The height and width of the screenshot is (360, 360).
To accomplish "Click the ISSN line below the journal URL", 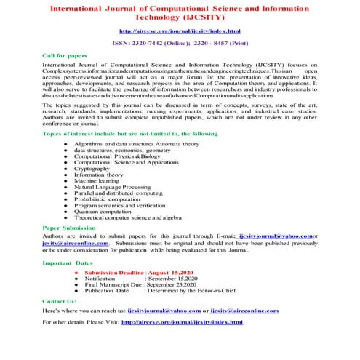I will tap(179, 44).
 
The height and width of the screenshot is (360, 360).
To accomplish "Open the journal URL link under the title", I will tap(179, 31).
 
